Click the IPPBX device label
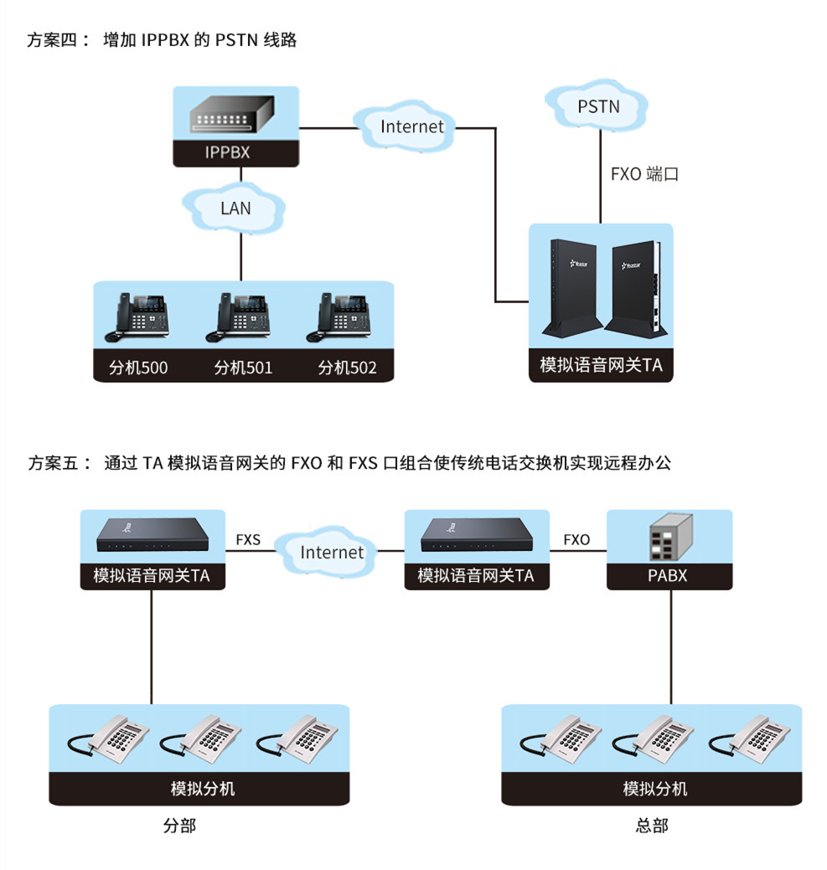point(227,153)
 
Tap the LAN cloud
point(235,208)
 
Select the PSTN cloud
point(598,106)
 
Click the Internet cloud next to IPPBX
point(411,127)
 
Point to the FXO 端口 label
point(644,174)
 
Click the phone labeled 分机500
point(137,317)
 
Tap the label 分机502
point(347,368)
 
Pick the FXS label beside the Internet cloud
point(248,540)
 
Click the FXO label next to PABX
point(576,540)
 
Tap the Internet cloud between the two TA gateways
point(332,552)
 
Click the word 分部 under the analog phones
point(179,826)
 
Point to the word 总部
point(652,826)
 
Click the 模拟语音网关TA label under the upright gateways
point(601,366)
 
